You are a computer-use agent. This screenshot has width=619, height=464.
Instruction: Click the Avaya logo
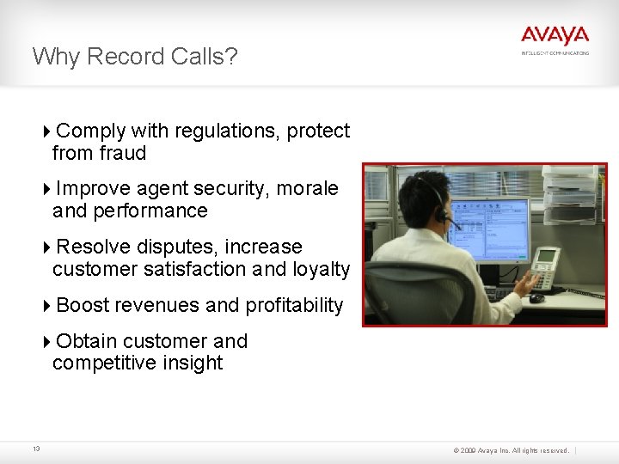click(x=555, y=36)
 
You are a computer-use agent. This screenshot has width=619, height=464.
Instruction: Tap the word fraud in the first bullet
click(x=123, y=153)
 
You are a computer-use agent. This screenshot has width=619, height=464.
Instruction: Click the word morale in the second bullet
click(x=307, y=188)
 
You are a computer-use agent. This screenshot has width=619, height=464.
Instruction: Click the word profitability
click(x=294, y=305)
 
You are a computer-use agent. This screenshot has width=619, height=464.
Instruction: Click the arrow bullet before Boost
click(x=47, y=305)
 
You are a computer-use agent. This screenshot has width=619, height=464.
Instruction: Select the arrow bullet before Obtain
click(x=47, y=341)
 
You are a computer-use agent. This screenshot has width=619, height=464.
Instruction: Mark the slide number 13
click(x=36, y=449)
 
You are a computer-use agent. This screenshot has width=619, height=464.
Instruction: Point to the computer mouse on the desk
click(x=536, y=298)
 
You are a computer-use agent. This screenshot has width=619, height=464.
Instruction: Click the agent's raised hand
click(x=524, y=280)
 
